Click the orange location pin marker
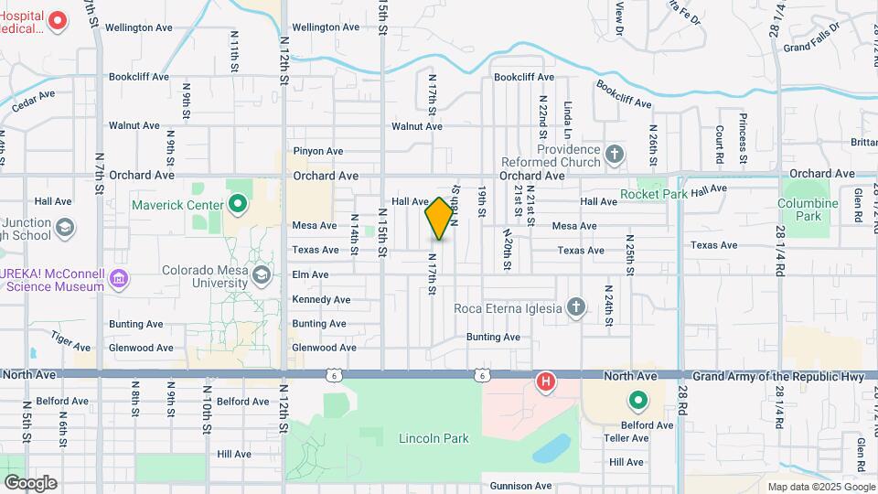[439, 219]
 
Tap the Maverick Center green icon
[239, 204]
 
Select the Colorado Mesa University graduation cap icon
[262, 274]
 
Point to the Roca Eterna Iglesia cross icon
[575, 307]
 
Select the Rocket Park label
[653, 194]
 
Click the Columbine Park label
[808, 209]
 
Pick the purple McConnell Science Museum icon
[118, 278]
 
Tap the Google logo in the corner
[30, 482]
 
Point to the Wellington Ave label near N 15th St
[327, 27]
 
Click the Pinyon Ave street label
[317, 151]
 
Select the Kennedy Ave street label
[320, 300]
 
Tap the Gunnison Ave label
[520, 486]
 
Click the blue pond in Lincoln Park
[548, 448]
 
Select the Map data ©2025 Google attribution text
[820, 487]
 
